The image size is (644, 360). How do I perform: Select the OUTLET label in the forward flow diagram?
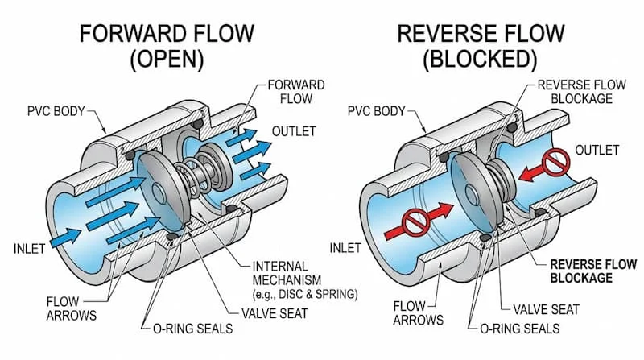(x=294, y=130)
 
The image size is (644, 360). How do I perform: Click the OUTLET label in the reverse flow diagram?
(x=597, y=150)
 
